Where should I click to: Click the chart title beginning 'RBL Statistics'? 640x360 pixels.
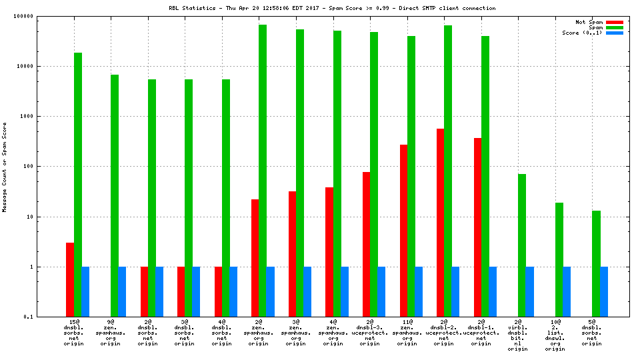[331, 8]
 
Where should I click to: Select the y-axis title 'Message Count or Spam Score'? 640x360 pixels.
[5, 167]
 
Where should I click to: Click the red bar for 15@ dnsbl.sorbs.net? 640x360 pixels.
[70, 279]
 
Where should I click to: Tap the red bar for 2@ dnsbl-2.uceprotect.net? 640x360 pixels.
[440, 223]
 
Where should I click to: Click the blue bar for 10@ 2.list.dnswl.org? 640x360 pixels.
[567, 291]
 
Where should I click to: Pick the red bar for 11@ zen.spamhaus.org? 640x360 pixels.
[403, 230]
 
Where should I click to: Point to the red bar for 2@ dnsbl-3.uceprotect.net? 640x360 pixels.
[367, 244]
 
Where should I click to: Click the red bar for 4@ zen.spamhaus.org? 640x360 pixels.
[329, 251]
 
